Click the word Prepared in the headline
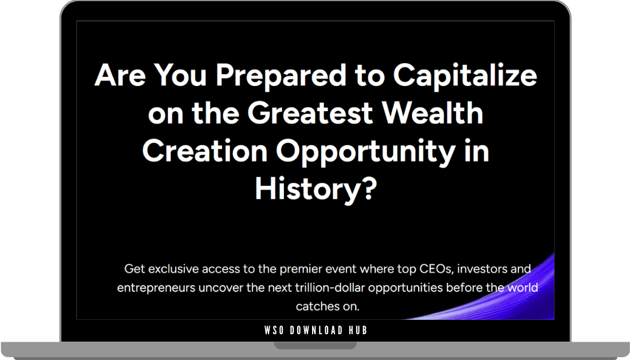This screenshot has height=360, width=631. (x=260, y=76)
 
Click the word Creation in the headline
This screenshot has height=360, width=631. (x=205, y=151)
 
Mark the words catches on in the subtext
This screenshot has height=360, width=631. (x=328, y=307)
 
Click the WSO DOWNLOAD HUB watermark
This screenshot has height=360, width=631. (x=316, y=330)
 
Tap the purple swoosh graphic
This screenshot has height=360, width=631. (x=516, y=298)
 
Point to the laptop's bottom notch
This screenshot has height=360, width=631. (x=315, y=346)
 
